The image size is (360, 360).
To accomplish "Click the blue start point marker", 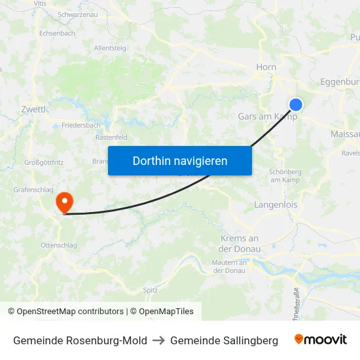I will [296, 104].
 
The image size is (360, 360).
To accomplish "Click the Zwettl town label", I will [33, 109].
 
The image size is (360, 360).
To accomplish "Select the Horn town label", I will [266, 67].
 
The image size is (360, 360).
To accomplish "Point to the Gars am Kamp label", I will [267, 117].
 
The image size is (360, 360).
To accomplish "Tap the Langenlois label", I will [275, 205].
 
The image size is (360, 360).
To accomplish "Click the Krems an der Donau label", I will [240, 243].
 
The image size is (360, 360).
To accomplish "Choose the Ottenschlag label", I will [59, 245].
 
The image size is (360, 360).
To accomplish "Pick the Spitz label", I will [150, 289].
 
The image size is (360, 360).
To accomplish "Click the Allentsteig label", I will [110, 48].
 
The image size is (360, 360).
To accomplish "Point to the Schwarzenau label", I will [78, 14].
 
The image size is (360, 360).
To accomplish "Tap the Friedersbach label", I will [81, 124].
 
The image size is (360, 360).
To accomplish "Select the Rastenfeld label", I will [111, 137].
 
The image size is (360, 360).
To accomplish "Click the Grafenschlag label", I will [34, 190].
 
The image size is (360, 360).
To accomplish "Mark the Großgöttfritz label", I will [44, 162].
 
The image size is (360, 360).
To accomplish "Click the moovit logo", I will [321, 340].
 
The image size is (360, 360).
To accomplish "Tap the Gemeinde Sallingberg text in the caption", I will [224, 340].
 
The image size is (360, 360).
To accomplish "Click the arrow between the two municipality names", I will [158, 340].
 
